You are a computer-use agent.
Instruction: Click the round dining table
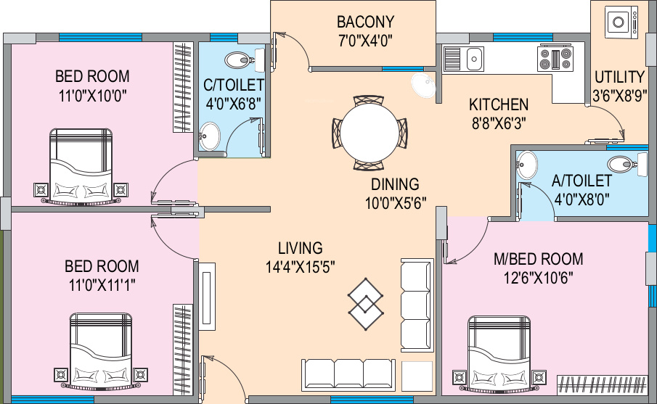(370, 132)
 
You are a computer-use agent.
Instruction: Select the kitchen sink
(473, 58)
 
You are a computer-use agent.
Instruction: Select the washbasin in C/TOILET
(210, 134)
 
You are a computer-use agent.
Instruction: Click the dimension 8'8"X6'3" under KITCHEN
(498, 123)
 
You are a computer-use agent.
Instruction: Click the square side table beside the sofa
(417, 375)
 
